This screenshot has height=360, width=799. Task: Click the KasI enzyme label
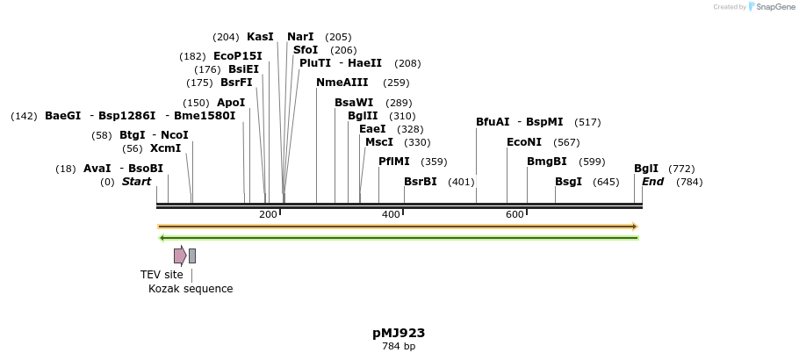pyautogui.click(x=260, y=37)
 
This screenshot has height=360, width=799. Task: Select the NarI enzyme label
pyautogui.click(x=300, y=37)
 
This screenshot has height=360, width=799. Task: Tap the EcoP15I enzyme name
pyautogui.click(x=237, y=56)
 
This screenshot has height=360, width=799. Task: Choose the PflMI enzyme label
pyautogui.click(x=394, y=162)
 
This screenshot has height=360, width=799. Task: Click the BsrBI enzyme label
pyautogui.click(x=421, y=182)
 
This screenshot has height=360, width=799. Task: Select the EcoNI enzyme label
pyautogui.click(x=524, y=142)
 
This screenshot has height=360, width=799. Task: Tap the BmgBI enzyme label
pyautogui.click(x=547, y=162)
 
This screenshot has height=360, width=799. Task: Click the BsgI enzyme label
pyautogui.click(x=568, y=182)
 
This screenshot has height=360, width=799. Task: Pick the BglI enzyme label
pyautogui.click(x=646, y=169)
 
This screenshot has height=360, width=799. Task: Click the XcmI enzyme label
pyautogui.click(x=165, y=148)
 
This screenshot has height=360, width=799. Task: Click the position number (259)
pyautogui.click(x=397, y=83)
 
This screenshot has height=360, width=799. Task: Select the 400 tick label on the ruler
pyautogui.click(x=391, y=214)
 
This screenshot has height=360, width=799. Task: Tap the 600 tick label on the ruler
pyautogui.click(x=515, y=214)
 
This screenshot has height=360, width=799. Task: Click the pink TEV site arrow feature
pyautogui.click(x=180, y=256)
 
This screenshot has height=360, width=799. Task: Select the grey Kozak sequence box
pyautogui.click(x=192, y=256)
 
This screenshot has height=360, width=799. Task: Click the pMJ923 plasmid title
pyautogui.click(x=399, y=333)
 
